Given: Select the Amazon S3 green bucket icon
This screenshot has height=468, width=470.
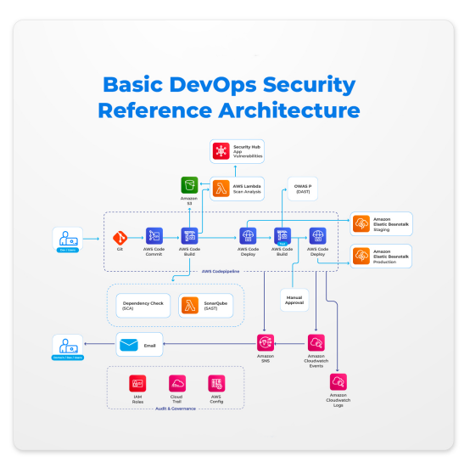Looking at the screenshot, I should point(189,185).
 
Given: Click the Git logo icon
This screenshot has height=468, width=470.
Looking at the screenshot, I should point(120,235).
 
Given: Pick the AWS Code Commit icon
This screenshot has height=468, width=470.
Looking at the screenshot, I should point(154,235).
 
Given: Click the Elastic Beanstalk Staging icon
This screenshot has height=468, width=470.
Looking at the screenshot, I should point(361,223).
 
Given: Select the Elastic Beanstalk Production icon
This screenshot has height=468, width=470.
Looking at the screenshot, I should point(361,256).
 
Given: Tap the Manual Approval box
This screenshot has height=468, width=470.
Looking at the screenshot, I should point(294,301).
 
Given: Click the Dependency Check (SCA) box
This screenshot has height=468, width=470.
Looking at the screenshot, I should point(143,306).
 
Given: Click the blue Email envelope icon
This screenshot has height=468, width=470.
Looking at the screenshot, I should point(128,345).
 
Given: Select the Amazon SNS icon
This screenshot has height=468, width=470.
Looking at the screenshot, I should point(265,342).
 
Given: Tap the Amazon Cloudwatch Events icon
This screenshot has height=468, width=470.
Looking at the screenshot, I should point(316,342).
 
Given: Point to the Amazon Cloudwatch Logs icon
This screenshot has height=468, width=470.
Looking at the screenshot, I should point(339,381).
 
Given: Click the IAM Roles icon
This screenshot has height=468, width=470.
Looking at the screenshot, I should point(137,383).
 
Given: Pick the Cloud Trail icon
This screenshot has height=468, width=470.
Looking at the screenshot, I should point(177,383).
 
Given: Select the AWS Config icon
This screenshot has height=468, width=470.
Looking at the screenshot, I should point(216,383).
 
